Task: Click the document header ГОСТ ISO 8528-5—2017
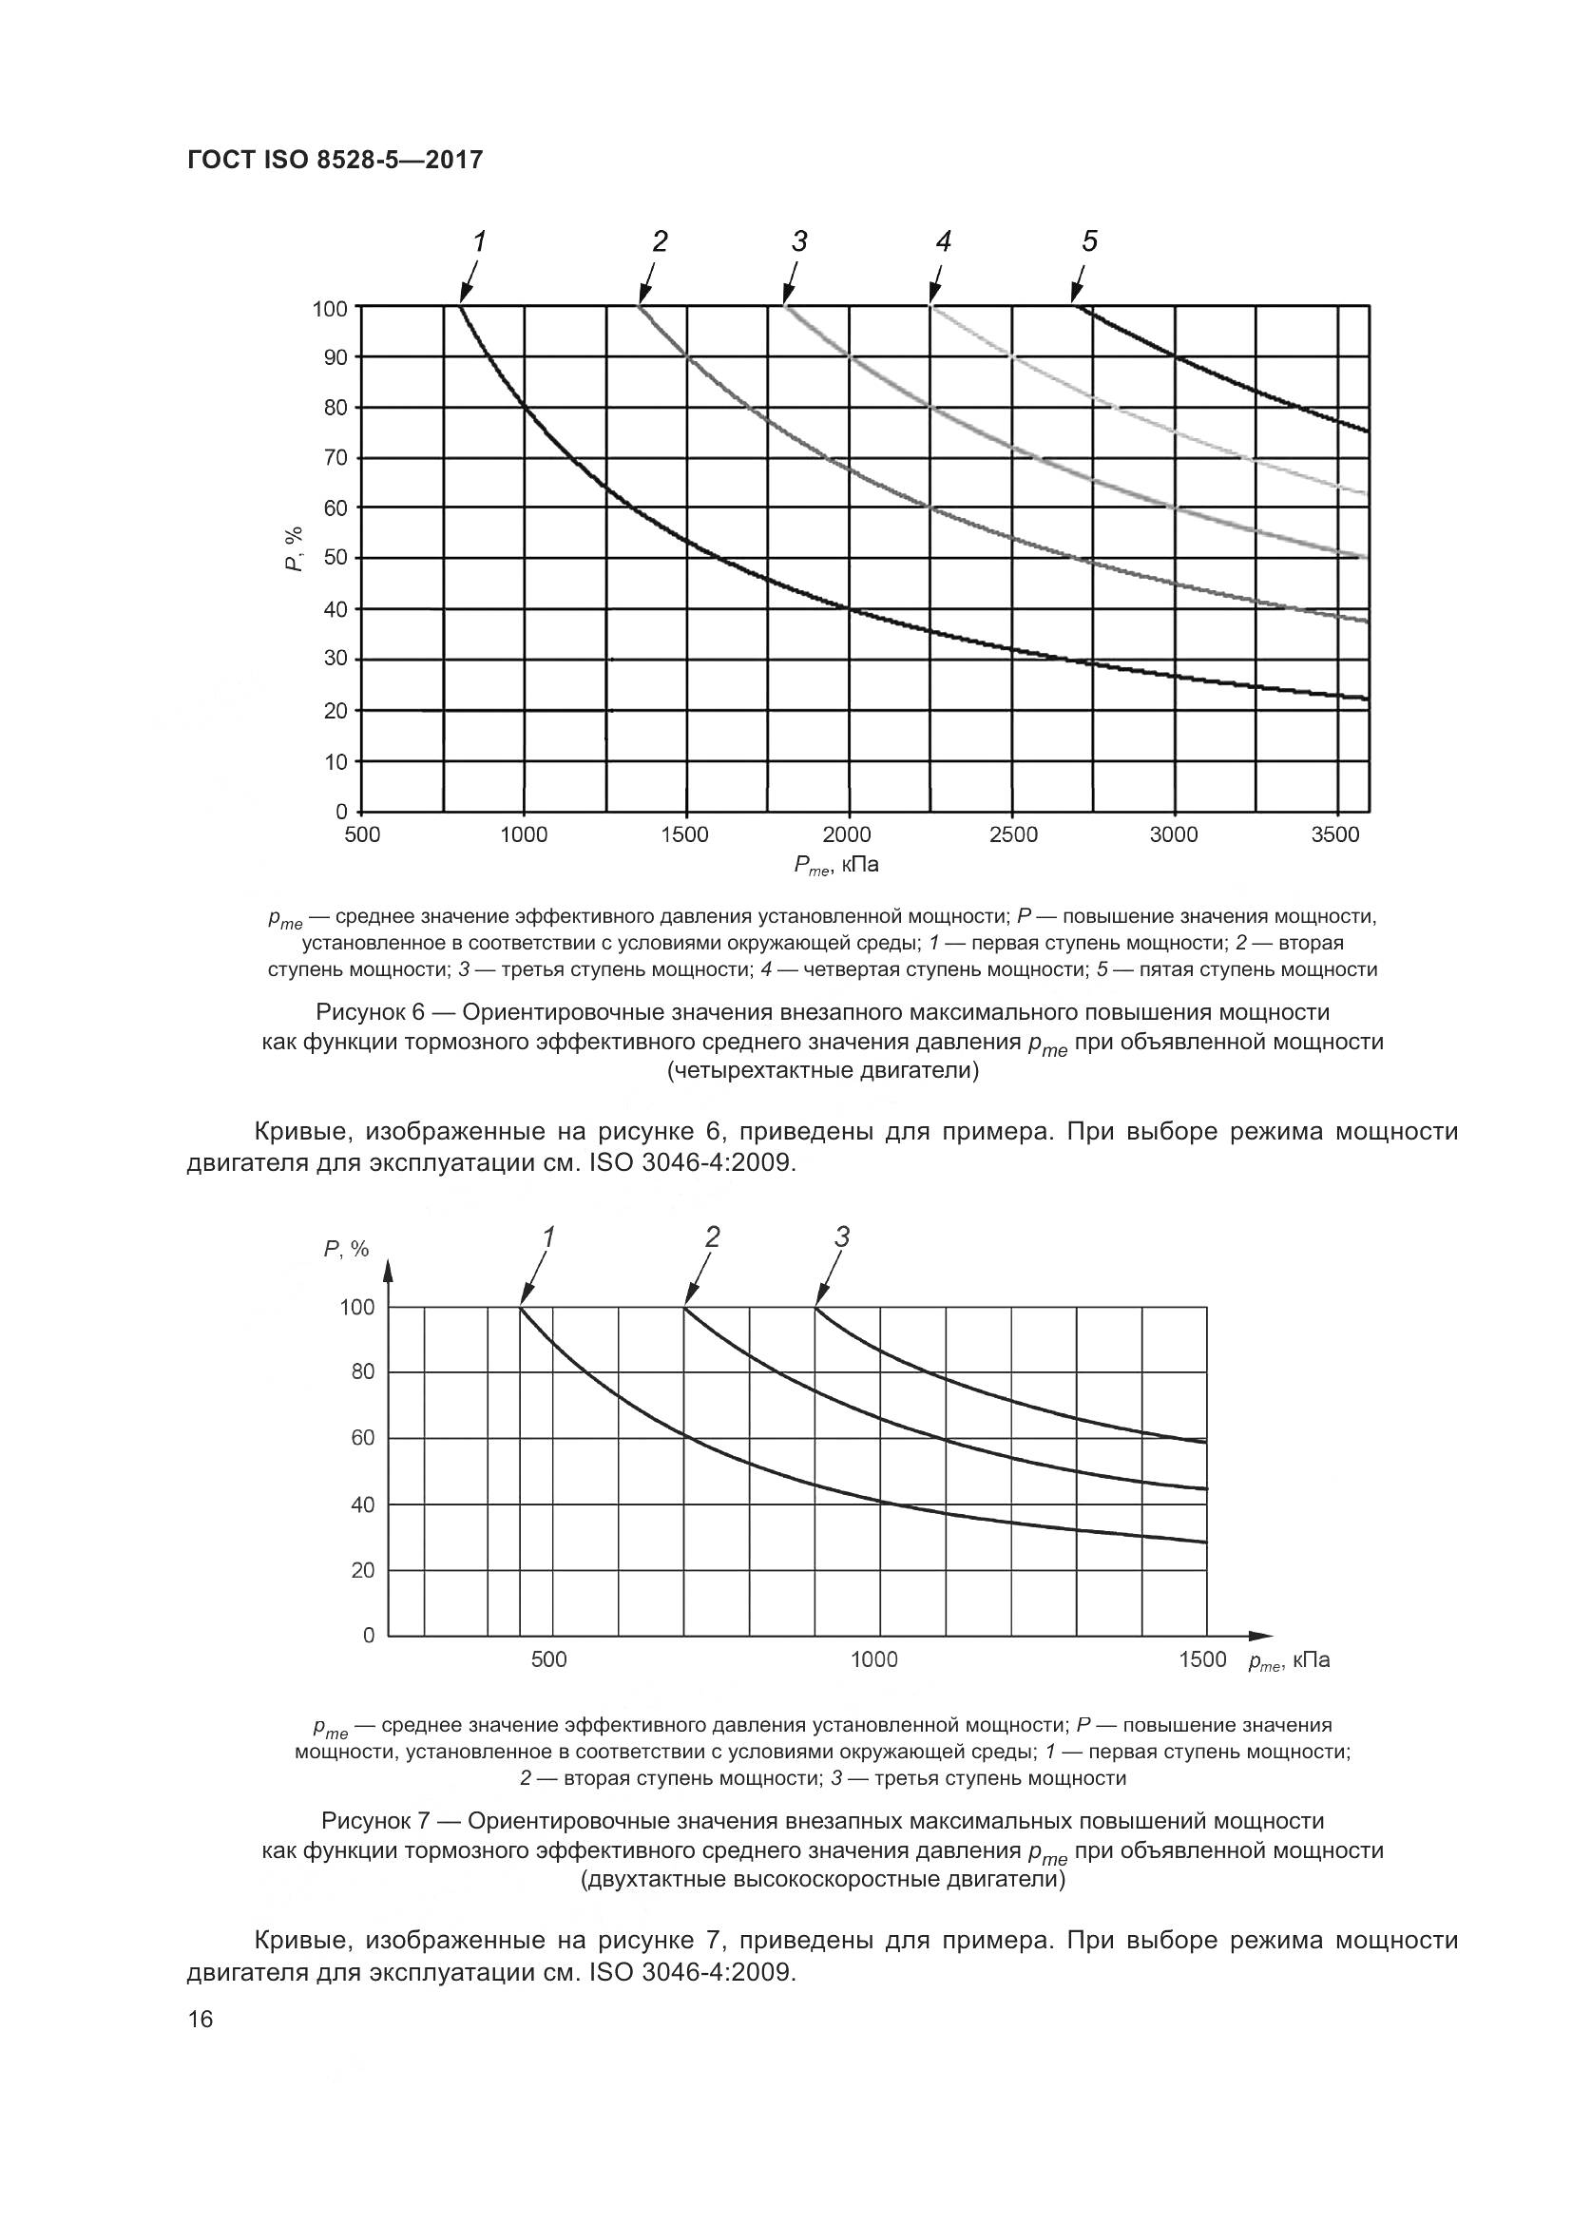pyautogui.click(x=334, y=160)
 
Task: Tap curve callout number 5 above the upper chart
pyautogui.click(x=1090, y=241)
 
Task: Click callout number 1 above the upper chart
pyautogui.click(x=478, y=241)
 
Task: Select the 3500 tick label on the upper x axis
pyautogui.click(x=1334, y=834)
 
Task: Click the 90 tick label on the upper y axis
pyautogui.click(x=334, y=357)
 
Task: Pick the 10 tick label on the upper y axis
pyautogui.click(x=334, y=762)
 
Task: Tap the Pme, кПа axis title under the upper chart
pyautogui.click(x=836, y=865)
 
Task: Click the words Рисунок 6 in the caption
pyautogui.click(x=371, y=1013)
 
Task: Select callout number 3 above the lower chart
pyautogui.click(x=842, y=1236)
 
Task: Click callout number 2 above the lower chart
pyautogui.click(x=713, y=1236)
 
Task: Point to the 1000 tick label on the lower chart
pyautogui.click(x=874, y=1659)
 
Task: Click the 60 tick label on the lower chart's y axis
pyautogui.click(x=362, y=1438)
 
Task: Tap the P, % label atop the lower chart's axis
pyautogui.click(x=346, y=1249)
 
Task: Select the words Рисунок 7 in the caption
pyautogui.click(x=375, y=1821)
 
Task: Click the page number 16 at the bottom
pyautogui.click(x=201, y=2019)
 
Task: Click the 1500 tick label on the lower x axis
pyautogui.click(x=1202, y=1659)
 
